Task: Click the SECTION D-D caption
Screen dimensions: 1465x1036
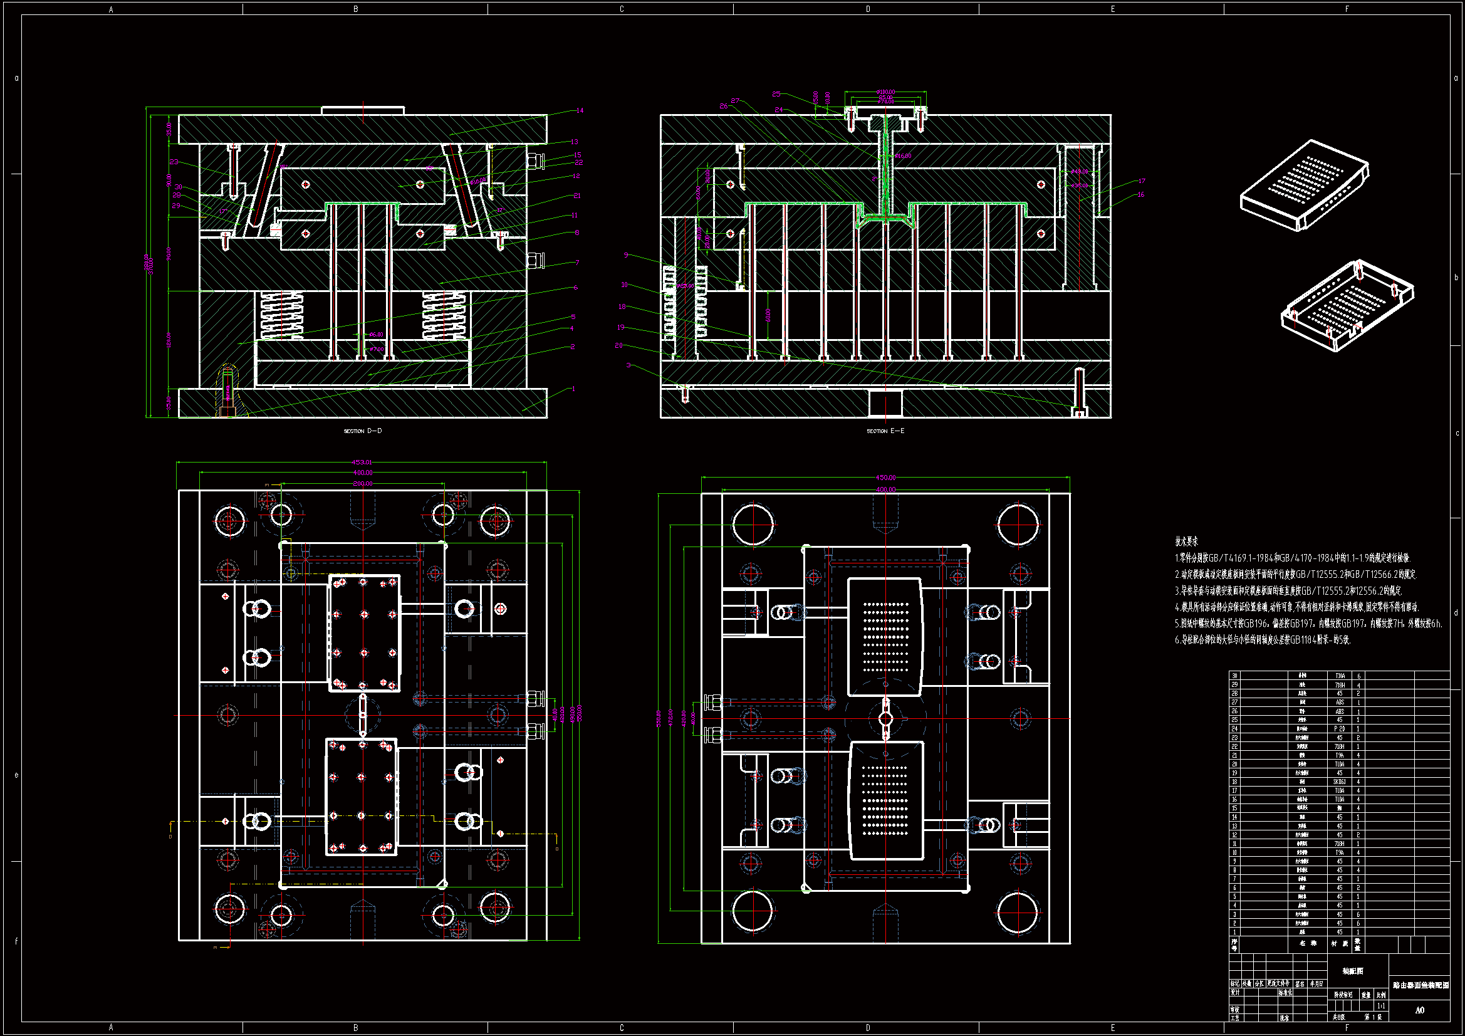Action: coord(362,431)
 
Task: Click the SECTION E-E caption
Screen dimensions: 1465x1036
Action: coord(885,431)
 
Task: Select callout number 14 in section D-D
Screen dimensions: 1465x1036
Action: coord(580,110)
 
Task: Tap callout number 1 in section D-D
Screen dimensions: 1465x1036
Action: coord(573,389)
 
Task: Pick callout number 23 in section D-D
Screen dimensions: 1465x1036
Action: coord(174,162)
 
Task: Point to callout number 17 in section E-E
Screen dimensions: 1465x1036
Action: coord(1141,181)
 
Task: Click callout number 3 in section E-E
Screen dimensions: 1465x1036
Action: coord(628,365)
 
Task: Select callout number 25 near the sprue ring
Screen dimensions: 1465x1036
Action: coord(776,94)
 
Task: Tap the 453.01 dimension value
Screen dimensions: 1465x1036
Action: coord(361,462)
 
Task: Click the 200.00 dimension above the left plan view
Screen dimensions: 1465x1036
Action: coord(362,484)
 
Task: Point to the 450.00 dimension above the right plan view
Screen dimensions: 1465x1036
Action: coord(885,478)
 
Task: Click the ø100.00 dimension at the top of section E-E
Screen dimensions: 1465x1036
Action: coord(885,92)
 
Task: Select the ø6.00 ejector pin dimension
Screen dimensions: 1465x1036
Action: coord(377,335)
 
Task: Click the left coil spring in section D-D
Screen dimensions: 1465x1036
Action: coord(281,315)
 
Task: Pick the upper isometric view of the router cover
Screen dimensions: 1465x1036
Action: coord(1304,185)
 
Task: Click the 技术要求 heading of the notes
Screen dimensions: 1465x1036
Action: coord(1186,542)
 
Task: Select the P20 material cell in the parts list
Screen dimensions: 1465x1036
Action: coord(1339,728)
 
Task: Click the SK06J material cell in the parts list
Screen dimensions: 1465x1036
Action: coord(1339,782)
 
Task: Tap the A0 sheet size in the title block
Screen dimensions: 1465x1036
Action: coord(1419,1010)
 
